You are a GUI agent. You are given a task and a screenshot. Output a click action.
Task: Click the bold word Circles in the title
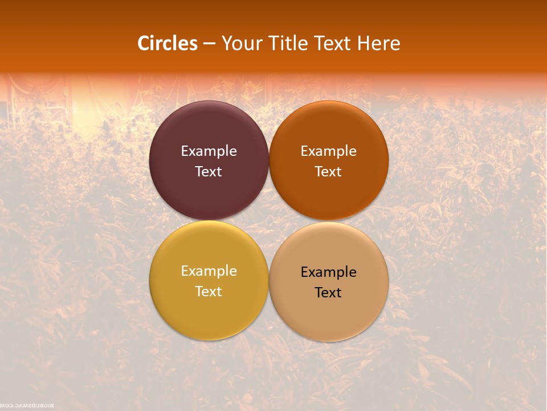coord(168,43)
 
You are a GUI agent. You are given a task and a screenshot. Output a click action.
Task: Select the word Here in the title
coord(378,43)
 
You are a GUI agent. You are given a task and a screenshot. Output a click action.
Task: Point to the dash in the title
coord(209,44)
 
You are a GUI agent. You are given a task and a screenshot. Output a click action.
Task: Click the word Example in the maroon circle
coord(209,151)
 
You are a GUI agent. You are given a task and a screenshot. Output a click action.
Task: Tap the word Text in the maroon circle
coord(209,171)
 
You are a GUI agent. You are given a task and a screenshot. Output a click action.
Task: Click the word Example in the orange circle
coord(328,151)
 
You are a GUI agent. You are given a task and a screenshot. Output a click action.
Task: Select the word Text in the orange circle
coord(328,171)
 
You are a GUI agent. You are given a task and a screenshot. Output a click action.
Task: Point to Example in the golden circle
coord(209,271)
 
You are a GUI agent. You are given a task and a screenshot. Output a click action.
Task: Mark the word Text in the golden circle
coord(209,291)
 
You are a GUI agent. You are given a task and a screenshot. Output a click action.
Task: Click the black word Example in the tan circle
coord(328,272)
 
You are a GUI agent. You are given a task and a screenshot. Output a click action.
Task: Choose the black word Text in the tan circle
coord(328,292)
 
